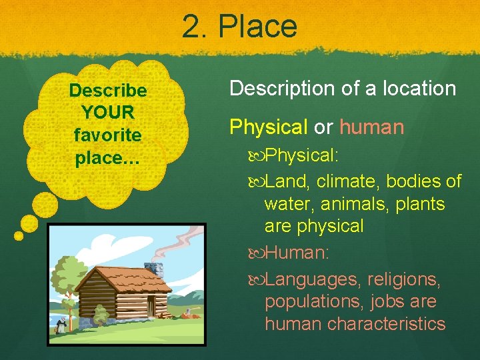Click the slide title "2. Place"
pos(239,27)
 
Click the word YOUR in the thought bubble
pos(107,112)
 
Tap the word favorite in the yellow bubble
pos(107,135)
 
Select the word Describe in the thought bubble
pos(107,90)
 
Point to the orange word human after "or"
pos(372,127)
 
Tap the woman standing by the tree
pos(62,326)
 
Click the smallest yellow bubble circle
pos(19,235)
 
